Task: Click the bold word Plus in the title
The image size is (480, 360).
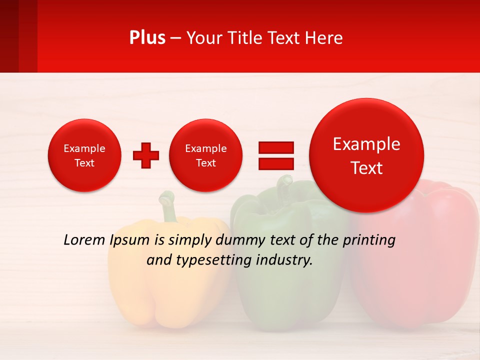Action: (147, 38)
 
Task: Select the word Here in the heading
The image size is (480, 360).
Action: (324, 38)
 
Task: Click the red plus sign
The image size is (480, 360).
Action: (146, 155)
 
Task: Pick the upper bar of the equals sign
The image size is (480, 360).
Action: (275, 147)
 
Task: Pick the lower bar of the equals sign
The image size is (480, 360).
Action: (275, 163)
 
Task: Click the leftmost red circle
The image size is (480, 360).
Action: (84, 155)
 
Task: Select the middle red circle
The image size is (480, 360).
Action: (205, 155)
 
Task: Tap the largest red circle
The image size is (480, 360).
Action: (366, 155)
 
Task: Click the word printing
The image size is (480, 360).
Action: (368, 240)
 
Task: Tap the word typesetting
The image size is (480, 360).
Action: (209, 260)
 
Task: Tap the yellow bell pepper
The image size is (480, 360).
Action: (165, 290)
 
